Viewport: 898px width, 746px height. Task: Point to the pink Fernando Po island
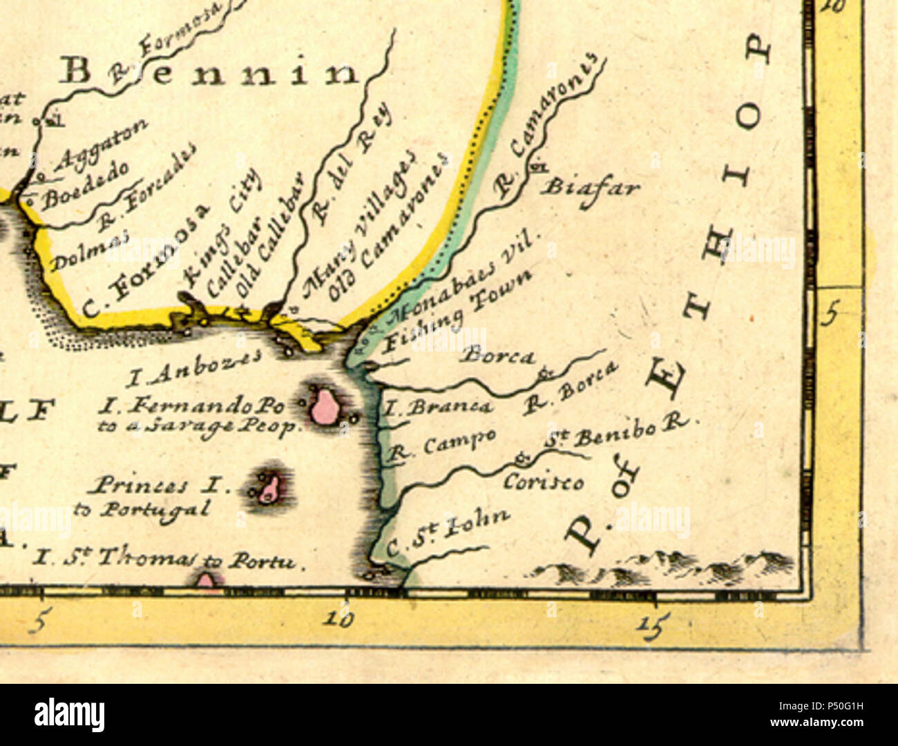pos(322,406)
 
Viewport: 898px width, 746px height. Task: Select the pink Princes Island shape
pos(269,488)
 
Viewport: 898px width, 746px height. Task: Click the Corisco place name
pos(543,481)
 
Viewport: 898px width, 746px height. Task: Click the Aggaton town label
pos(100,146)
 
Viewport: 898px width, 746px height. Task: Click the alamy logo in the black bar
pos(69,714)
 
